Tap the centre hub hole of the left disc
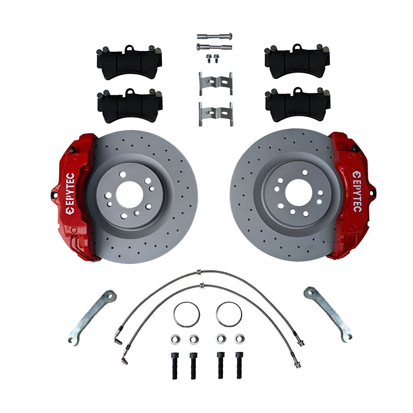pyautogui.click(x=129, y=195)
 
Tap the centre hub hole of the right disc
pyautogui.click(x=298, y=192)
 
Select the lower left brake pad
pyautogui.click(x=130, y=106)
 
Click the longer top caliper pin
pyautogui.click(x=214, y=36)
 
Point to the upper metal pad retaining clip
pyautogui.click(x=215, y=83)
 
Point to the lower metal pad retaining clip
pyautogui.click(x=216, y=113)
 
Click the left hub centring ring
pyautogui.click(x=187, y=314)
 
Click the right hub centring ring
pyautogui.click(x=228, y=314)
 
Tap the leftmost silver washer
pyautogui.click(x=175, y=339)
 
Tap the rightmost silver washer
pyautogui.click(x=240, y=339)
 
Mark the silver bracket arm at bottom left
pyautogui.click(x=92, y=316)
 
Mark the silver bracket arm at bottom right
pyautogui.click(x=328, y=314)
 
